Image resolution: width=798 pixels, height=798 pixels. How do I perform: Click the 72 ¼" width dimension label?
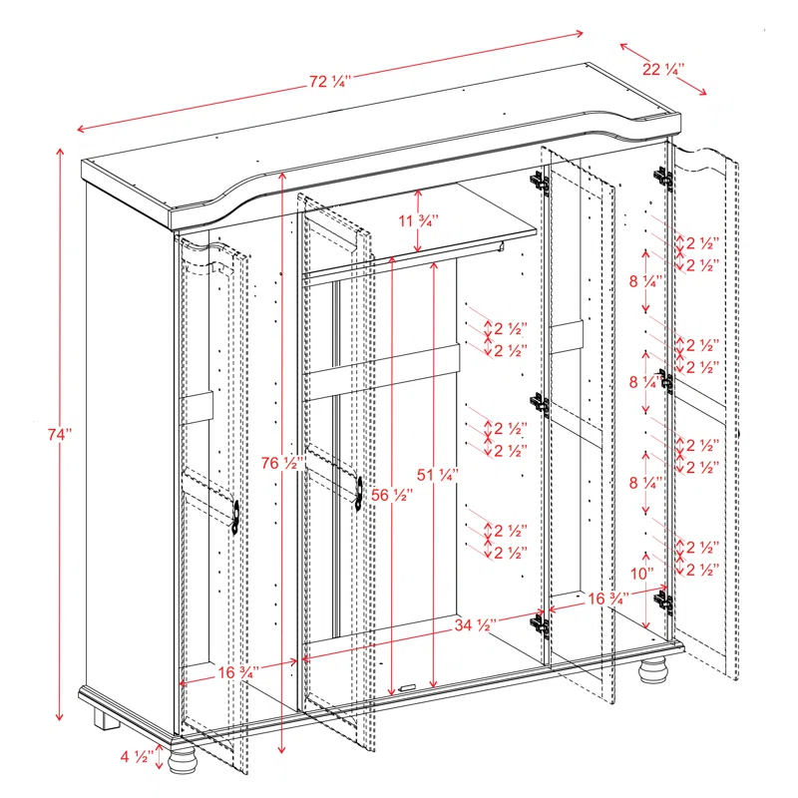pyautogui.click(x=329, y=83)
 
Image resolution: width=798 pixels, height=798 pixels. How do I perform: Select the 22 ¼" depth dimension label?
pyautogui.click(x=662, y=69)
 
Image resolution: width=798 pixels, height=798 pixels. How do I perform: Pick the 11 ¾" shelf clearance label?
pyautogui.click(x=418, y=220)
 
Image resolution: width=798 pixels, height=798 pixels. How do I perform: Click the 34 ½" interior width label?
pyautogui.click(x=475, y=625)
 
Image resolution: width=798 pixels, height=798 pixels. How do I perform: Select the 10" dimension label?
pyautogui.click(x=642, y=574)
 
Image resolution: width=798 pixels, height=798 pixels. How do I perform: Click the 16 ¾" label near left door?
pyautogui.click(x=239, y=672)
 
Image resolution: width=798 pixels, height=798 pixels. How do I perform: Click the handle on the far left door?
pyautogui.click(x=235, y=518)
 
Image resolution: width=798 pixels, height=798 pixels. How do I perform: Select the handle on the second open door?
pyautogui.click(x=356, y=490)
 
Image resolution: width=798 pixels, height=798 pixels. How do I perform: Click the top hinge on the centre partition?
pyautogui.click(x=539, y=182)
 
